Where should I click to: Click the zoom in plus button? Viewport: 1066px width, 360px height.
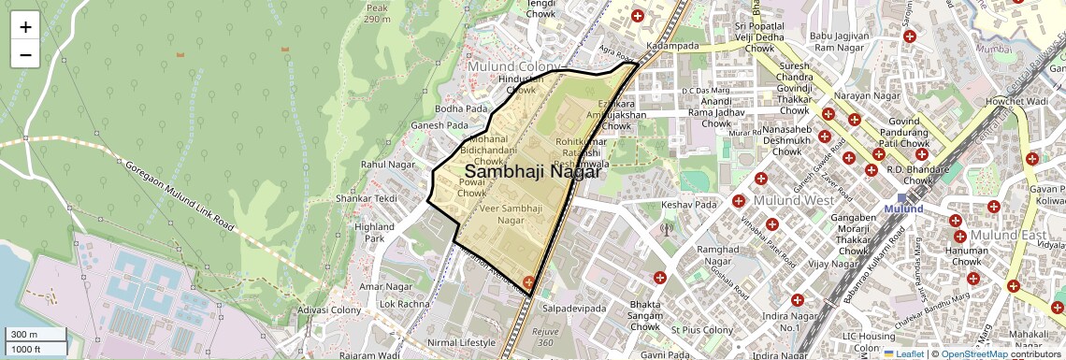25,26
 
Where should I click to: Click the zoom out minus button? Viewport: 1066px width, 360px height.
25,54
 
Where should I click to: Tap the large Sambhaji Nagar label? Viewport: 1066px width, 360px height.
532,172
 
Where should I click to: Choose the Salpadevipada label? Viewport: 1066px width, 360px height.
574,309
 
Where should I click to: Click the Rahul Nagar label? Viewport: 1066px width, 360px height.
387,165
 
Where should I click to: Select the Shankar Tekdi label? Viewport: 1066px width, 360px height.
367,198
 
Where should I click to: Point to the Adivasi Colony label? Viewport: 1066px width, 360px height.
329,310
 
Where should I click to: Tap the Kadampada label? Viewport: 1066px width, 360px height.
672,45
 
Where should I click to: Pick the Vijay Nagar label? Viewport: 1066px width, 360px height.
832,264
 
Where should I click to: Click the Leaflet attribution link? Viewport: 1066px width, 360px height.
906,353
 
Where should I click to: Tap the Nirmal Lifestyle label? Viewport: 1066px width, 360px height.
464,342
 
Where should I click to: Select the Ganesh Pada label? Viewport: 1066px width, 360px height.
439,125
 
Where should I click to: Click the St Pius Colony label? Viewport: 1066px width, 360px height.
702,330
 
